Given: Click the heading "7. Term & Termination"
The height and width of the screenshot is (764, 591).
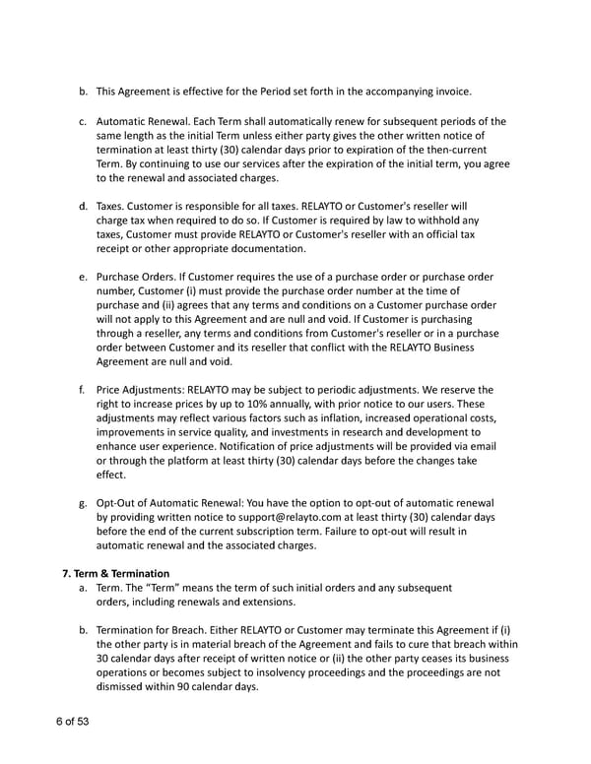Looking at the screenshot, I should (x=114, y=572).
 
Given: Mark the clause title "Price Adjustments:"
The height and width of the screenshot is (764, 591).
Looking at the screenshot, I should (x=141, y=389).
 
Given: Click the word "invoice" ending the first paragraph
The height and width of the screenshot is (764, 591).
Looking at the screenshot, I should (x=450, y=92).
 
